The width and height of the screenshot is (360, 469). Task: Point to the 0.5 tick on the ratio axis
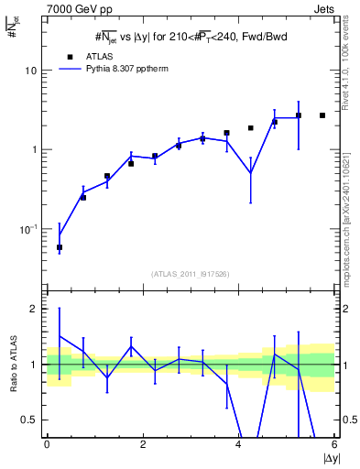tap(30, 420)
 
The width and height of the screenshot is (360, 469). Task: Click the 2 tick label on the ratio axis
tap(36, 309)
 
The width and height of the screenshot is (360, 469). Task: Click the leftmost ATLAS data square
tap(60, 247)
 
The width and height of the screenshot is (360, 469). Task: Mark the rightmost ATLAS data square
tap(322, 115)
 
